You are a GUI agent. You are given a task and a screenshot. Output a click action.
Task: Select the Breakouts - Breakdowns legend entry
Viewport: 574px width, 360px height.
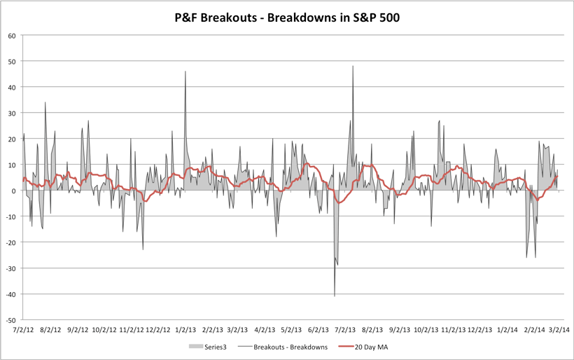point(283,346)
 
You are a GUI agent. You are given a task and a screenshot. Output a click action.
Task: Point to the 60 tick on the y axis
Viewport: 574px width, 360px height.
point(12,36)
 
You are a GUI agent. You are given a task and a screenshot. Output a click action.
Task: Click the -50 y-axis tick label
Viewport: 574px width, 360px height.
point(11,319)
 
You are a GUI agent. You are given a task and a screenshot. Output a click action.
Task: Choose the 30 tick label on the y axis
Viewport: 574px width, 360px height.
point(12,113)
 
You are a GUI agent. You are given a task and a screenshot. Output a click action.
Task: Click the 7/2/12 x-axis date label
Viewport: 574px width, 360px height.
point(23,328)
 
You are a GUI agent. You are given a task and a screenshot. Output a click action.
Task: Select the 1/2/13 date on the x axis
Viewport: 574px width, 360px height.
point(185,328)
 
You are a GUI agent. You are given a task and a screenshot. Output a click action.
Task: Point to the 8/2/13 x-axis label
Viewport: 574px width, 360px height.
point(373,328)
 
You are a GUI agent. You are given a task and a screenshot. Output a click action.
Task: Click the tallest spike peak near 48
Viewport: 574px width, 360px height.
point(353,67)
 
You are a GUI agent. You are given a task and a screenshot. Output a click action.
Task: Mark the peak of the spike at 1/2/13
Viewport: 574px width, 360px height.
point(185,71)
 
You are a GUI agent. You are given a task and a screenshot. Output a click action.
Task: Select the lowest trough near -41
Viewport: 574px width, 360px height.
point(335,296)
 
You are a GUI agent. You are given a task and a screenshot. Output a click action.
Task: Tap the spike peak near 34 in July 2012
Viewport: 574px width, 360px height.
point(45,102)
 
